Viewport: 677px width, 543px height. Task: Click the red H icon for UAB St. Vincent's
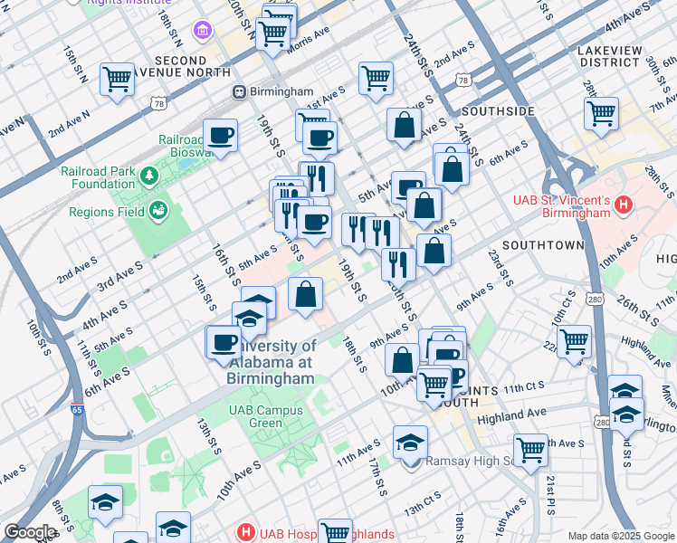(622, 205)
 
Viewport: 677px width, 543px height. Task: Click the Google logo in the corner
(29, 531)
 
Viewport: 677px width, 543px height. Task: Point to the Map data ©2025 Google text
(621, 536)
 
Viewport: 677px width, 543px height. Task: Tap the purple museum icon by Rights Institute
(202, 32)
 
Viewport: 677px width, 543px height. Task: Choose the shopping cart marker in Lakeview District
(601, 113)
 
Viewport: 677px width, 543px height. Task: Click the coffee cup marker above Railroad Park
(221, 136)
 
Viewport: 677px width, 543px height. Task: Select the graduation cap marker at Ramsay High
(410, 442)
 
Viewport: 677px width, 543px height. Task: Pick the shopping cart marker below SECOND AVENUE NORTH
(118, 80)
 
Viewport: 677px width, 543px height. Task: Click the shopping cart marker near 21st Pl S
(530, 449)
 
